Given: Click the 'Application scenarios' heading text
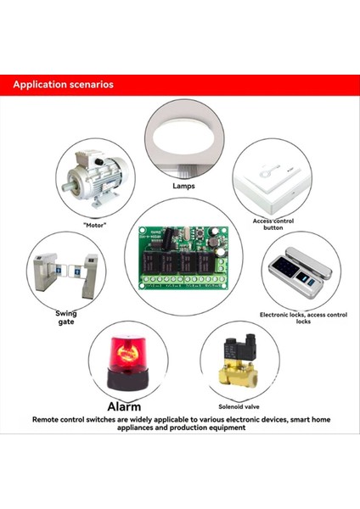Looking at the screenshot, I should (63, 86).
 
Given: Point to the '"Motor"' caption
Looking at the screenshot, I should (99, 225).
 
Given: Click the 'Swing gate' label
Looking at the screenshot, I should (65, 317).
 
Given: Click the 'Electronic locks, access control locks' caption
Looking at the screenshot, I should (303, 318).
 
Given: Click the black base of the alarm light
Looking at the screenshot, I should (127, 381).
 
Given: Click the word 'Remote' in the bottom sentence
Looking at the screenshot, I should (48, 419).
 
